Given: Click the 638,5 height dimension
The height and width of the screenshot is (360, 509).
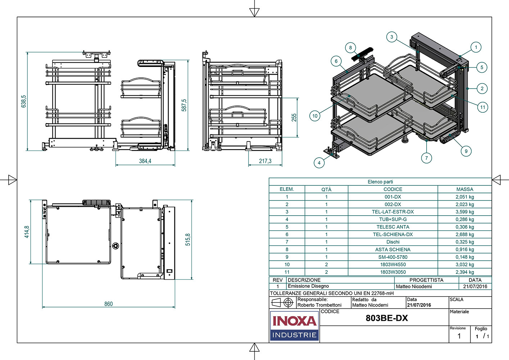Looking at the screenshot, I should tap(24, 101).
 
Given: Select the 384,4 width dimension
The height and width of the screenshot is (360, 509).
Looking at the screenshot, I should tap(145, 161).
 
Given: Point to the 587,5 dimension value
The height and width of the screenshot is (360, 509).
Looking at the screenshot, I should tap(184, 105).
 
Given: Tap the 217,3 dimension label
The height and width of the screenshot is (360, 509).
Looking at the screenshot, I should tap(265, 161).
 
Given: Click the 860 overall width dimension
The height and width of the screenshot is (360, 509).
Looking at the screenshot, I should tap(109, 304).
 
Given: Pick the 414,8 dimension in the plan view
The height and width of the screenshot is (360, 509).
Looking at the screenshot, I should tap(27, 232).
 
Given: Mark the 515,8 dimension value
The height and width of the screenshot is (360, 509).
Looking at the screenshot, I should tap(188, 239).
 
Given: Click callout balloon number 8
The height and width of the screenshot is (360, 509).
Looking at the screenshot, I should tap(350, 48).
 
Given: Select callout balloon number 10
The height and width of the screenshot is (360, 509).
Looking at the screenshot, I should tap(315, 116).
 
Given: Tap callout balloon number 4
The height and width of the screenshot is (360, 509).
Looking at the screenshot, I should tap(319, 163).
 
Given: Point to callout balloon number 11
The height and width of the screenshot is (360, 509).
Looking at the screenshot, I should tap(483, 107).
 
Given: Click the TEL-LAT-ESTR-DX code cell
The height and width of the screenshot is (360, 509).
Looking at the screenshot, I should tap(393, 212).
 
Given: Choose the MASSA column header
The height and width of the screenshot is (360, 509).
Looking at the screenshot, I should tap(465, 189).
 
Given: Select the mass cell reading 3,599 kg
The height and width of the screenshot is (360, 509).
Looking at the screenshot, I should tap(465, 212).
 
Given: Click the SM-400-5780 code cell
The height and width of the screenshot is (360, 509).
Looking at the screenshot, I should tap(393, 257).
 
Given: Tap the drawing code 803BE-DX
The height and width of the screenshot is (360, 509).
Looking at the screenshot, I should tap(387, 318).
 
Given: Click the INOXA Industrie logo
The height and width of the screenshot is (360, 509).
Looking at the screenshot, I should tap(294, 326).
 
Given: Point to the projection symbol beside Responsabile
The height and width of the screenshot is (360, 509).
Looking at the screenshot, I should tap(282, 302).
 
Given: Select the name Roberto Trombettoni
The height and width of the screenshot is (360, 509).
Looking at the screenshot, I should tap(319, 305).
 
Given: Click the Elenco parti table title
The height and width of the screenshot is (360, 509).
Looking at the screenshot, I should tap(380, 181).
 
